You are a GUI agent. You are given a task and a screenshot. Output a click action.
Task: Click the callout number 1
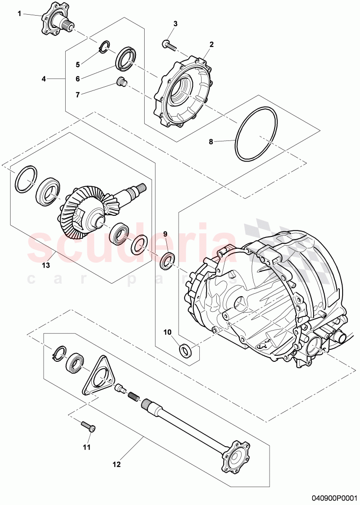click(x=19, y=14)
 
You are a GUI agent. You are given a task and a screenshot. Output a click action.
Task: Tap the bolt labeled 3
click(x=169, y=44)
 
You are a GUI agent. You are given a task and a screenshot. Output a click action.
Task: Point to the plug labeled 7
click(x=122, y=82)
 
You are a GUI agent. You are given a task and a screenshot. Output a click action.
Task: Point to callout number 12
click(x=116, y=464)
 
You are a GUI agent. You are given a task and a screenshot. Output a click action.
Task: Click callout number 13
click(x=46, y=265)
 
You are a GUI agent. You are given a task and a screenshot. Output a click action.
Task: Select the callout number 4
click(x=44, y=79)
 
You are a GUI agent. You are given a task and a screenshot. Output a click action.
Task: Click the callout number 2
click(x=212, y=45)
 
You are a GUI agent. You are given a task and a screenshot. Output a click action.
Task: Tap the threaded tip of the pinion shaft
click(x=141, y=187)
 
